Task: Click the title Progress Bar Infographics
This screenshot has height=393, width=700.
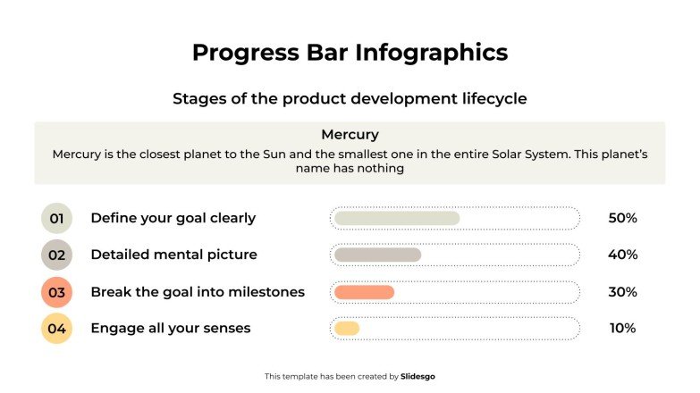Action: tap(350, 53)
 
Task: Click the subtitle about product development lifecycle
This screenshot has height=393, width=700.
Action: tap(350, 98)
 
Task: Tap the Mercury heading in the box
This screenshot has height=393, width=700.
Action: tap(350, 135)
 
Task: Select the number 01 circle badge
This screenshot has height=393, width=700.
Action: tap(56, 218)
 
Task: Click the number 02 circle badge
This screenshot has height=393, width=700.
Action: tap(56, 255)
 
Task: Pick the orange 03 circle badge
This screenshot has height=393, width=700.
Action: tap(56, 292)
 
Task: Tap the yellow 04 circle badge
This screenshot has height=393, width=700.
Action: tap(56, 329)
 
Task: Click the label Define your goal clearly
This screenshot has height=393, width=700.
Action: tap(173, 218)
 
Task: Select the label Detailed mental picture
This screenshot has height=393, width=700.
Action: tap(173, 255)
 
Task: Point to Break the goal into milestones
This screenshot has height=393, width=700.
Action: tap(198, 292)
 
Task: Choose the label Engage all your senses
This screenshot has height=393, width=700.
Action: tap(170, 329)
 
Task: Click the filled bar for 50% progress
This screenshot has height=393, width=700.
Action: tap(396, 218)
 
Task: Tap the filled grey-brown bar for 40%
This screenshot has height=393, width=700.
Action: tap(377, 255)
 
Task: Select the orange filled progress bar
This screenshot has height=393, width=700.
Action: tap(364, 292)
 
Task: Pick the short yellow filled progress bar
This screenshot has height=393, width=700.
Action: tap(346, 329)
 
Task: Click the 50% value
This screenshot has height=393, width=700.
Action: tap(622, 218)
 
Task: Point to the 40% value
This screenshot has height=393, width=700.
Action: tap(622, 255)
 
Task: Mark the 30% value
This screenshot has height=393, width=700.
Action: tap(622, 292)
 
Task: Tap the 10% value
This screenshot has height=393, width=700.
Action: tap(622, 329)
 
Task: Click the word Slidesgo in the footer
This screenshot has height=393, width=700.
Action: tap(417, 377)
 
